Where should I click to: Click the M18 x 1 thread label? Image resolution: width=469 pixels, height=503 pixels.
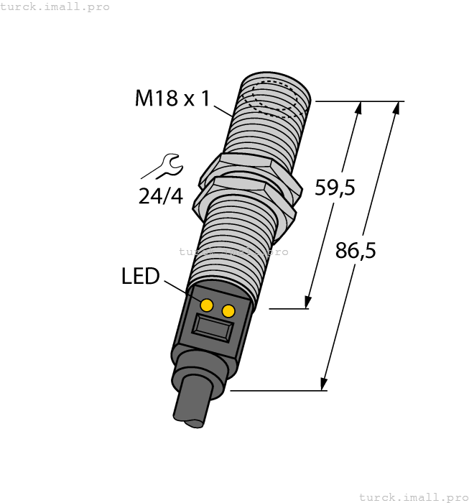coord(172,98)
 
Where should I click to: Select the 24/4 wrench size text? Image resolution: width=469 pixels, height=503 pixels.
coord(161,195)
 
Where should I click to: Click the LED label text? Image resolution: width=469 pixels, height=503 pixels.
coord(140,276)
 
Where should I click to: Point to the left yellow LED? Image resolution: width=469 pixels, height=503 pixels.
coord(207,305)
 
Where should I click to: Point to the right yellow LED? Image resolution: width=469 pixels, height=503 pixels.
coord(229,310)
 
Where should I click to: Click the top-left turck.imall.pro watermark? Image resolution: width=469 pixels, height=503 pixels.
coord(55,6)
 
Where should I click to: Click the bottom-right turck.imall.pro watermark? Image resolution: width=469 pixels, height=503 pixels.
coord(413,497)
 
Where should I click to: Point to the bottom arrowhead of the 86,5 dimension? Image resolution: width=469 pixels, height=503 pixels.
coord(325,386)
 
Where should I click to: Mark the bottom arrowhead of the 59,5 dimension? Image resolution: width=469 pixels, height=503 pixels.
coord(309,303)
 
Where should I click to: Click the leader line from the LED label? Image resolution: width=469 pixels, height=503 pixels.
coord(179,290)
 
